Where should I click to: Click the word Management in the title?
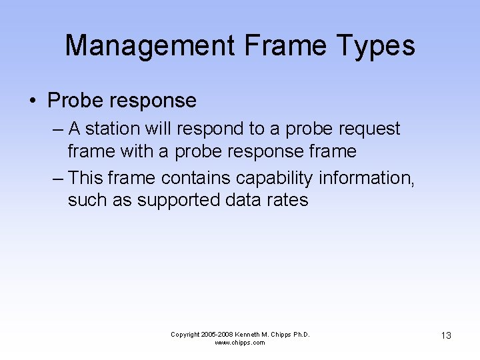pyautogui.click(x=150, y=46)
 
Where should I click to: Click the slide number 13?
pyautogui.click(x=446, y=335)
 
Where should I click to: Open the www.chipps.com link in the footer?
pyautogui.click(x=240, y=343)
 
